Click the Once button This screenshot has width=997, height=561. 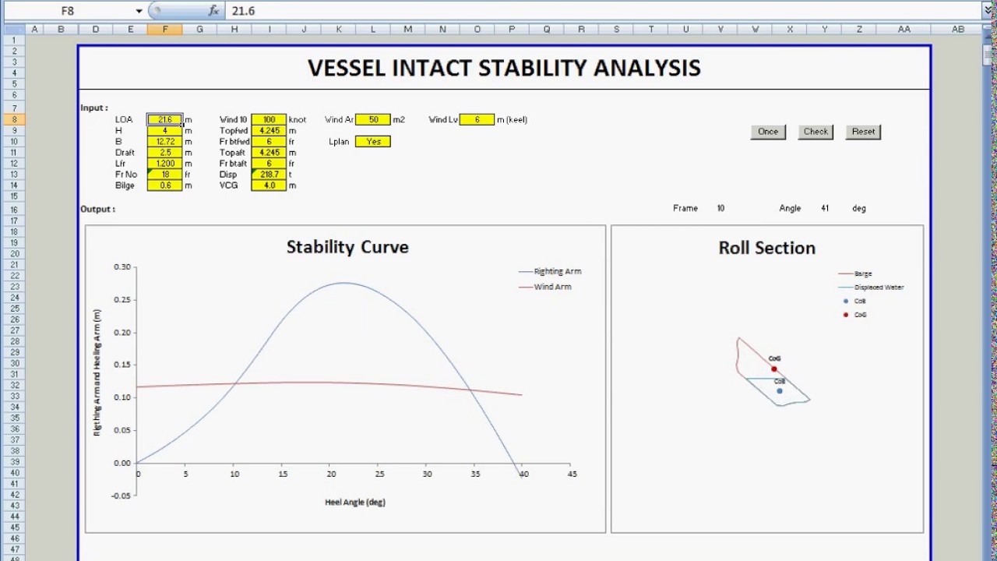[768, 132]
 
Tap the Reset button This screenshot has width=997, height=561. [863, 132]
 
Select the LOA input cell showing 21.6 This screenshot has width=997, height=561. [164, 120]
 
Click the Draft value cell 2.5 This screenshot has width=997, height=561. [164, 153]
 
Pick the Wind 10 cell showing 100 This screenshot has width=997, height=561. [269, 120]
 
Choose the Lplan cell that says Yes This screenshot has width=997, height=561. [373, 142]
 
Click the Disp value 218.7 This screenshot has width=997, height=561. [269, 175]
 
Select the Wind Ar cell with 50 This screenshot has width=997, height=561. [373, 120]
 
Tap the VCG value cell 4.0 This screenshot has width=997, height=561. [269, 185]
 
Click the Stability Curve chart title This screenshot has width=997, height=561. [347, 247]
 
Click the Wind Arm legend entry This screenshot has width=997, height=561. [552, 287]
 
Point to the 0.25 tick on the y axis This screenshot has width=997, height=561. [122, 300]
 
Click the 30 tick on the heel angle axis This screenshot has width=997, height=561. [427, 474]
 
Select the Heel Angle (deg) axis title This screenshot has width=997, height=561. [355, 503]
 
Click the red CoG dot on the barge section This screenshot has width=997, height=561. [773, 369]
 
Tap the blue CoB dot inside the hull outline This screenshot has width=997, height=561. [779, 390]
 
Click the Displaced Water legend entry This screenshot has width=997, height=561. [879, 288]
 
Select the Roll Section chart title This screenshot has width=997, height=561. [766, 248]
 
